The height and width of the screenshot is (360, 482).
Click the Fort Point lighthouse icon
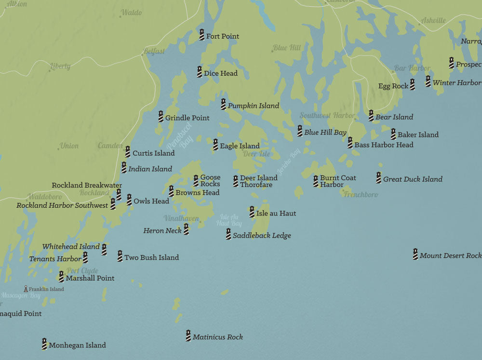click(202, 35)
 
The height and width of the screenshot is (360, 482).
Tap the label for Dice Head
click(220, 73)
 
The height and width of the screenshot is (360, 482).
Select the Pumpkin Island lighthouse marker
click(223, 104)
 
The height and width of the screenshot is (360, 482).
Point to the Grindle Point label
click(187, 118)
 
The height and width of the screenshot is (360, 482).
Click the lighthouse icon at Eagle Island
click(215, 145)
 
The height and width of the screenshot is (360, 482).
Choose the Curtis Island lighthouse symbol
click(128, 152)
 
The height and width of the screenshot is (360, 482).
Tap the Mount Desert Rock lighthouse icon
click(415, 254)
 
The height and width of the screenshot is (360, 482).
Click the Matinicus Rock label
click(217, 337)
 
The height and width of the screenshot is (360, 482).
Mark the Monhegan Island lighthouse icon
click(44, 344)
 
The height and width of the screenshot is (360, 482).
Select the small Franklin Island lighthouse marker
click(26, 289)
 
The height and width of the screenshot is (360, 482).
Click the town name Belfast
click(154, 51)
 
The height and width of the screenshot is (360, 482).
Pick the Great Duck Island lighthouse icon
click(379, 178)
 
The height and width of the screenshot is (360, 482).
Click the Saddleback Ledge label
click(262, 236)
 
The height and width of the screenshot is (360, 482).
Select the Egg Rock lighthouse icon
click(412, 85)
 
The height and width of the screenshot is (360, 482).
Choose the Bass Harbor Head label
click(384, 145)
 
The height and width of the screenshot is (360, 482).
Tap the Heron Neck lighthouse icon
click(186, 229)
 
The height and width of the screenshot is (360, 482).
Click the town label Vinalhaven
click(181, 218)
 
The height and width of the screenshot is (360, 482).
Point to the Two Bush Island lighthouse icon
click(120, 256)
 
